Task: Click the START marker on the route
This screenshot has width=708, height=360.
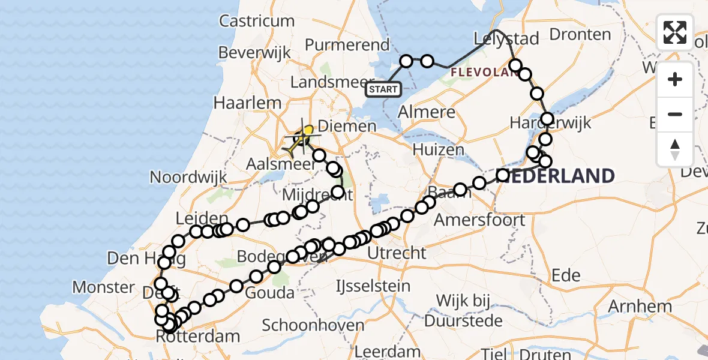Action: pyautogui.click(x=383, y=90)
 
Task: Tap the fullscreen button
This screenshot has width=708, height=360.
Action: pyautogui.click(x=675, y=32)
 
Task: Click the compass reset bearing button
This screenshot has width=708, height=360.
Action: pyautogui.click(x=675, y=149)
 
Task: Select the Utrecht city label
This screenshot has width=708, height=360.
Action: pyautogui.click(x=397, y=253)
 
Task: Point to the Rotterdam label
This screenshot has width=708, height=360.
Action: pyautogui.click(x=198, y=336)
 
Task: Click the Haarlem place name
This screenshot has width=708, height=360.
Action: pyautogui.click(x=247, y=103)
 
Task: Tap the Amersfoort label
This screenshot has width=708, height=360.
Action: pyautogui.click(x=479, y=220)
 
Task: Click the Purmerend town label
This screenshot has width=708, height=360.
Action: pyautogui.click(x=347, y=45)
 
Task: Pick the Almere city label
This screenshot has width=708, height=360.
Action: pyautogui.click(x=427, y=112)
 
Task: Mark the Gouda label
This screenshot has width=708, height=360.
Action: pyautogui.click(x=271, y=293)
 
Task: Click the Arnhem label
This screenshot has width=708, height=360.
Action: pyautogui.click(x=640, y=307)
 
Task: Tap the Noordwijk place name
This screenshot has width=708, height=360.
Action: pyautogui.click(x=189, y=177)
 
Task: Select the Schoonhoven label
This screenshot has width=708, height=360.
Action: pyautogui.click(x=313, y=326)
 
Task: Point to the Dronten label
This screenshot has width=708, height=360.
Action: pyautogui.click(x=580, y=34)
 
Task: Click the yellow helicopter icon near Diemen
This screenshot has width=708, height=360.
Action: pyautogui.click(x=298, y=140)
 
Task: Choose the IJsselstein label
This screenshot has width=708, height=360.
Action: pyautogui.click(x=373, y=286)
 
